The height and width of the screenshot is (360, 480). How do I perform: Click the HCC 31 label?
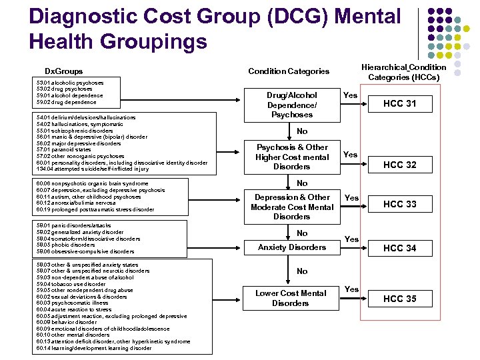400,103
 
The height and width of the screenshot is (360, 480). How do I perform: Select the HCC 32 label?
400,165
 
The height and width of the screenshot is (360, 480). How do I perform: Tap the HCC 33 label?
400,205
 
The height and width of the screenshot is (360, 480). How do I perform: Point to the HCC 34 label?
400,248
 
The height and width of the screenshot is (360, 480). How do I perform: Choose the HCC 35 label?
400,299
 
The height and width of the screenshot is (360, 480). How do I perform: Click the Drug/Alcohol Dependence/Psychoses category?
292,105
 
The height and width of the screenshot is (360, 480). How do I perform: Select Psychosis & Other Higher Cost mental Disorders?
292,157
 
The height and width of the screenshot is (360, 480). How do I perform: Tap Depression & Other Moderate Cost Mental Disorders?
292,207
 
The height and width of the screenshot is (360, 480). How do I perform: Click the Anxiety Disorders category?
292,247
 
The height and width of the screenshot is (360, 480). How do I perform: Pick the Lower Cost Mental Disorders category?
291,298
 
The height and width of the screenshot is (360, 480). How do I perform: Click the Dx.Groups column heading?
64,71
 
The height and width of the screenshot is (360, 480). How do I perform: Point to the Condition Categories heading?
289,71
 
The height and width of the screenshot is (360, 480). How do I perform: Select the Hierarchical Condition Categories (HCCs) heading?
403,72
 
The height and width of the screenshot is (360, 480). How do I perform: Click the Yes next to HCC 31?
350,95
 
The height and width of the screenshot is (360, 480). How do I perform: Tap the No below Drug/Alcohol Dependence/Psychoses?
302,131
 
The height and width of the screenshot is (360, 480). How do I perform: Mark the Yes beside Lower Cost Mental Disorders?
351,289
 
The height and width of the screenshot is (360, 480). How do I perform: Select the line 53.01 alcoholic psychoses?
70,83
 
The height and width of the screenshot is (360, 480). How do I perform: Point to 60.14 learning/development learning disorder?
93,348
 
